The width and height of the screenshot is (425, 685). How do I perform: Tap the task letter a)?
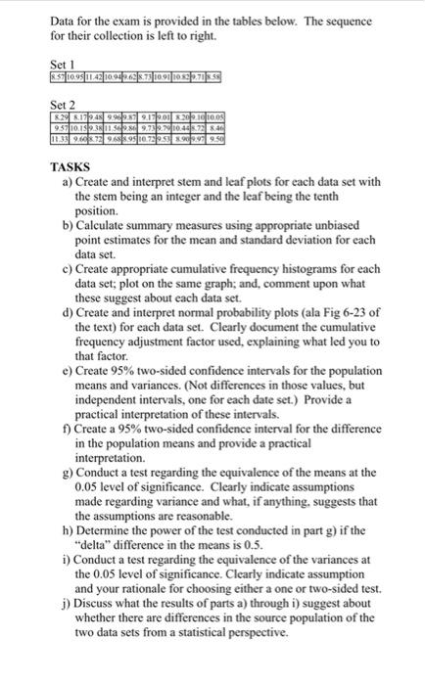coord(67,182)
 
